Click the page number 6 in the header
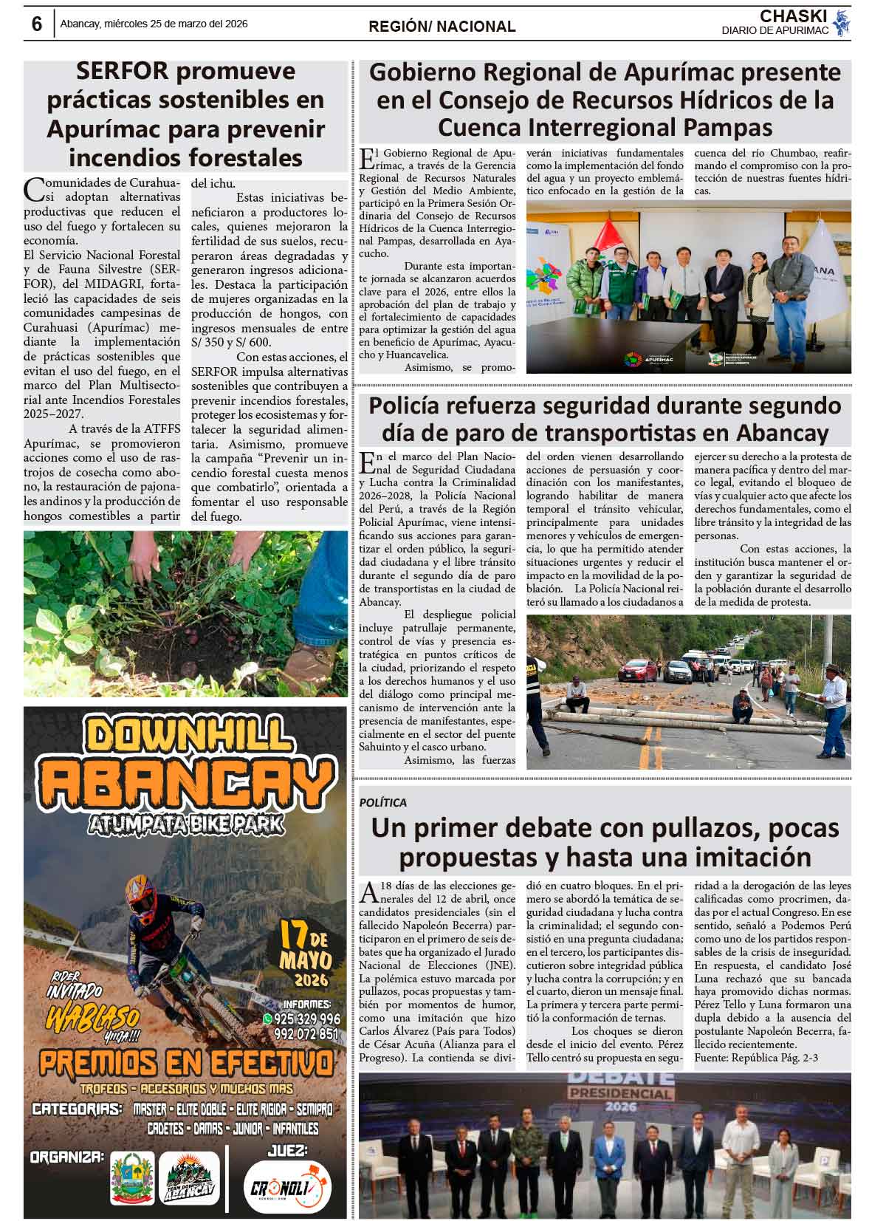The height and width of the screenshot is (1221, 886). click(x=36, y=24)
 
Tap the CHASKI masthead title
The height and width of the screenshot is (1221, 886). click(x=794, y=16)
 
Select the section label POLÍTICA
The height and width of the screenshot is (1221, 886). click(x=383, y=802)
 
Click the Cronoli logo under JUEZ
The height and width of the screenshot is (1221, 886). click(x=287, y=1188)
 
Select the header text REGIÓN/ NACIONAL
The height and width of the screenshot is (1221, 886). click(x=442, y=27)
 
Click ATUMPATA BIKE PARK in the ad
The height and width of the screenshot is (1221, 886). click(x=185, y=824)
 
